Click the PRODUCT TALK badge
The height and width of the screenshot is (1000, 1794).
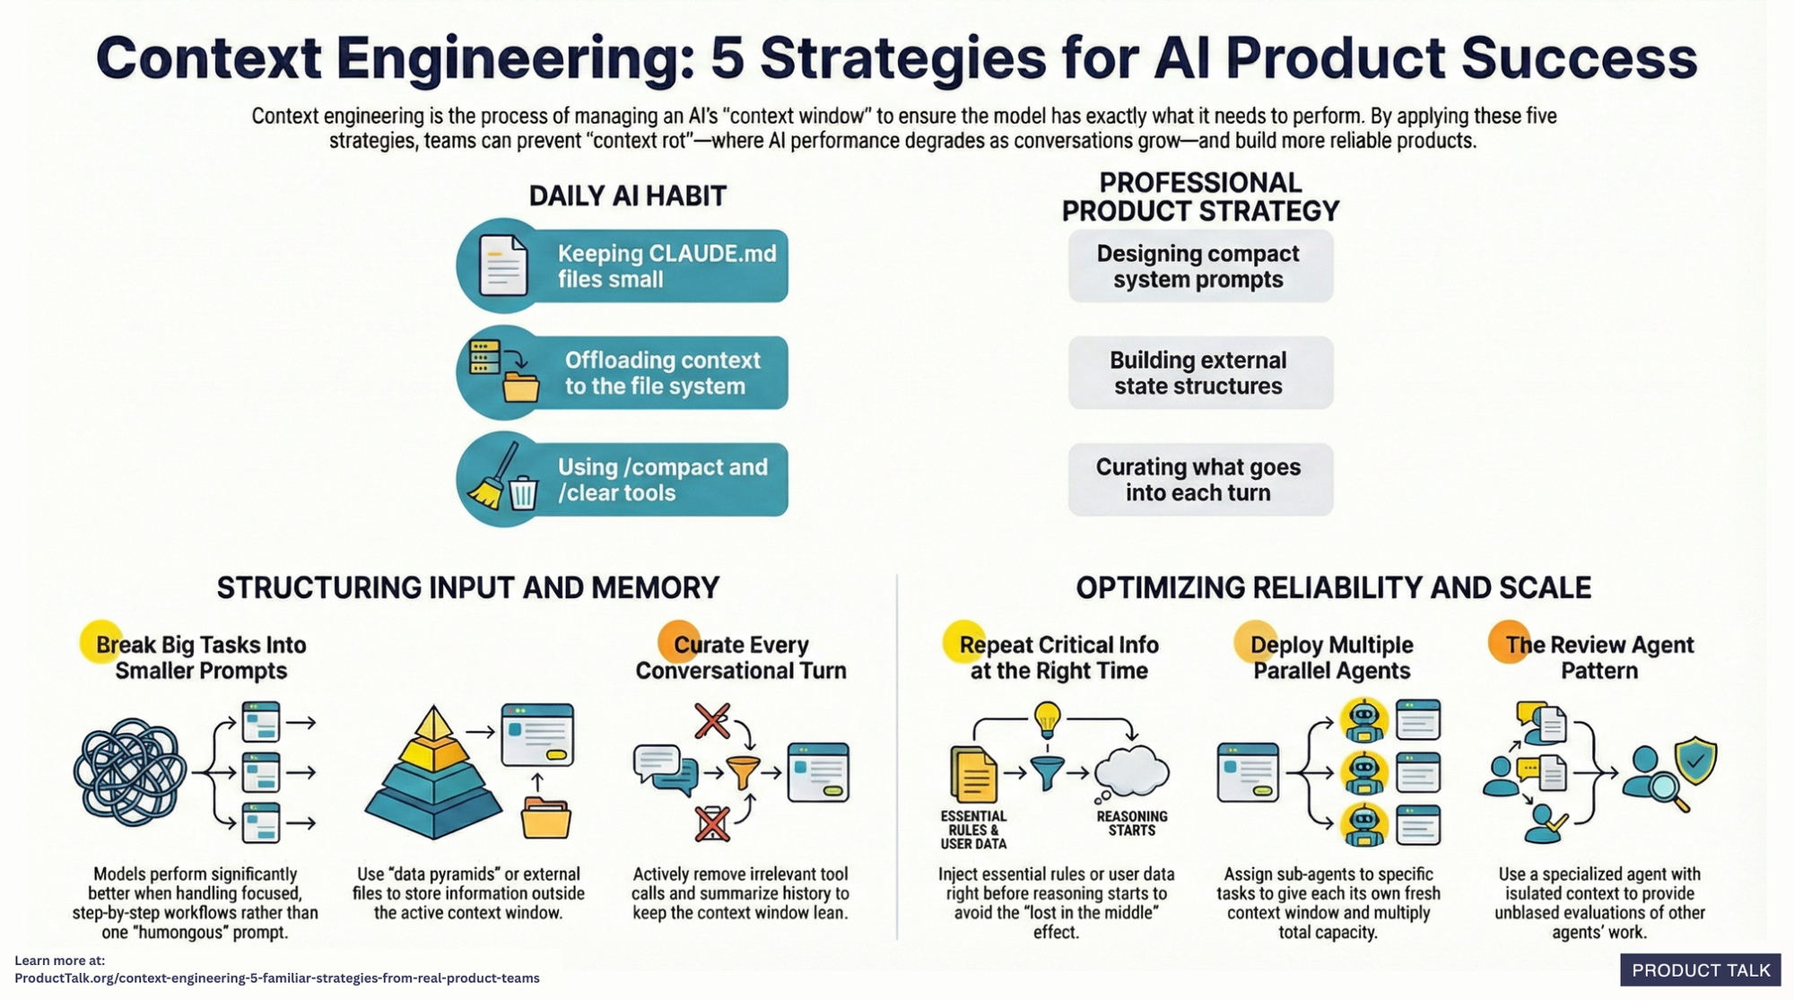tap(1700, 970)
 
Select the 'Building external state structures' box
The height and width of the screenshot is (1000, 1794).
tap(1199, 373)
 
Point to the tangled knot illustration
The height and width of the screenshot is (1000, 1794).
tap(130, 772)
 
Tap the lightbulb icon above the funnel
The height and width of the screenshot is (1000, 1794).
tap(1047, 717)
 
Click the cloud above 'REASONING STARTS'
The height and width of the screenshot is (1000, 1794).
tap(1132, 771)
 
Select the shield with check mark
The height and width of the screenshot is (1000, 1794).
tap(1694, 761)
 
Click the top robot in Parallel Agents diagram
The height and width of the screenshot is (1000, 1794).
tap(1363, 719)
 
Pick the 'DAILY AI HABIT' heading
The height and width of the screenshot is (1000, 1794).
tap(627, 196)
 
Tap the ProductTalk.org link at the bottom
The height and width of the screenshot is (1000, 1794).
tap(277, 978)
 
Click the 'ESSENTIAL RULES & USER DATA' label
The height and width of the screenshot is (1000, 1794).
tap(973, 830)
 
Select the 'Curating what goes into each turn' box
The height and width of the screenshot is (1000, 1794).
tap(1199, 480)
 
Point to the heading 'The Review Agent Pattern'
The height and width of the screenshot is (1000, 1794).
tap(1598, 657)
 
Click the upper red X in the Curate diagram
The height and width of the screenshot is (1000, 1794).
tap(712, 720)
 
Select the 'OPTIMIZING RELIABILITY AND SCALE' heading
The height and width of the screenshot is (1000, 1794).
tap(1333, 587)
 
